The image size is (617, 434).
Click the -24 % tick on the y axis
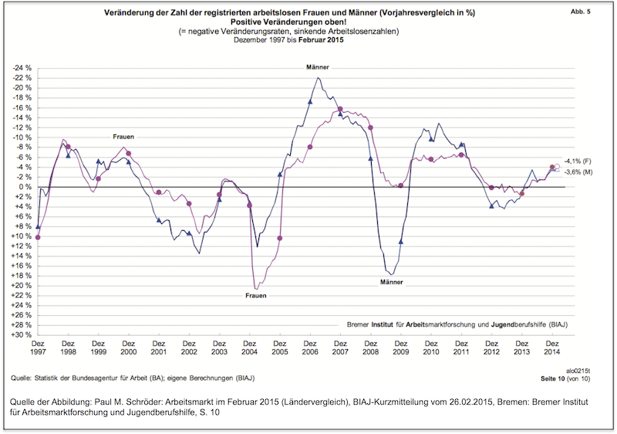(x=20, y=68)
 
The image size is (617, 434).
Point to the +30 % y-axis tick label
(x=20, y=335)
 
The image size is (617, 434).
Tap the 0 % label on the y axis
(x=23, y=187)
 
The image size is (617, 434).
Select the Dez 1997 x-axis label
(x=38, y=349)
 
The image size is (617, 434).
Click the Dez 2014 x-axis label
(x=552, y=349)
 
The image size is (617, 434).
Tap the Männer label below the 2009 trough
(x=392, y=282)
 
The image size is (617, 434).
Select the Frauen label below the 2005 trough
(x=256, y=296)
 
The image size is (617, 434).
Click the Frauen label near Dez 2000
(x=123, y=137)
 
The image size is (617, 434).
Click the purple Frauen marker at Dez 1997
(x=38, y=237)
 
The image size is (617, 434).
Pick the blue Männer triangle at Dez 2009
(x=400, y=241)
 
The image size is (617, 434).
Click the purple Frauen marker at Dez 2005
(x=279, y=238)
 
